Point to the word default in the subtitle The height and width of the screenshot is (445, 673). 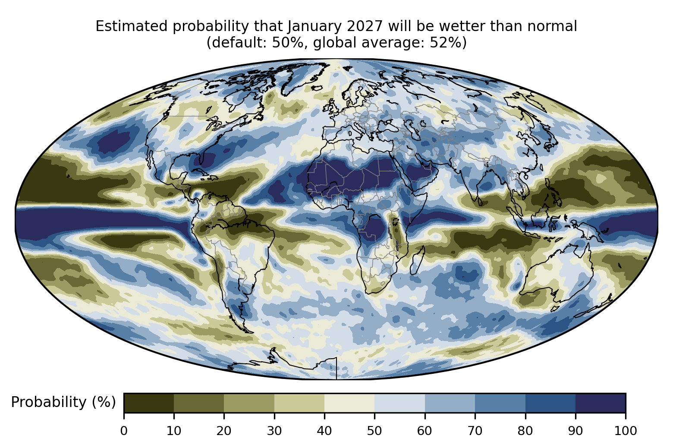[240, 43]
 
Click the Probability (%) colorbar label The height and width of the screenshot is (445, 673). [63, 402]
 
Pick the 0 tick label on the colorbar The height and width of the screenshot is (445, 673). [124, 431]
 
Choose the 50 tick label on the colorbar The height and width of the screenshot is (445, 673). [374, 431]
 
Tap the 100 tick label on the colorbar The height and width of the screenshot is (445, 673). [626, 431]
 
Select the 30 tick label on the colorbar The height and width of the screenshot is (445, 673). [274, 431]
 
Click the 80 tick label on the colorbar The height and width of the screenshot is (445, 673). [525, 431]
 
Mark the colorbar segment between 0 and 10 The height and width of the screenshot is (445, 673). [149, 403]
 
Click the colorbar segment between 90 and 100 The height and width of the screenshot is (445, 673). [601, 403]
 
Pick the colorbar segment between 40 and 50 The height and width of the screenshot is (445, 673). [349, 403]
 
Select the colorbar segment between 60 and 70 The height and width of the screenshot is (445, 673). [450, 403]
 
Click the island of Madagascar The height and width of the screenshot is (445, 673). [417, 260]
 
